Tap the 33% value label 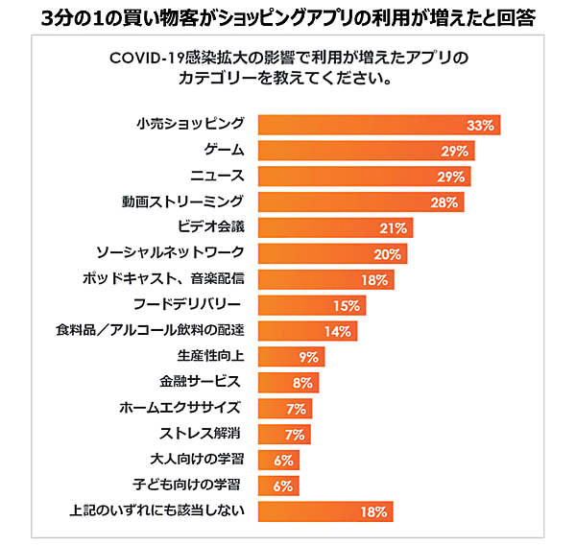click(479, 126)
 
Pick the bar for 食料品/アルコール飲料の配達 click(308, 331)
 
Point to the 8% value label click(301, 383)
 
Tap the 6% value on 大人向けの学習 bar click(283, 460)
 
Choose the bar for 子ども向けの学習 click(279, 486)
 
